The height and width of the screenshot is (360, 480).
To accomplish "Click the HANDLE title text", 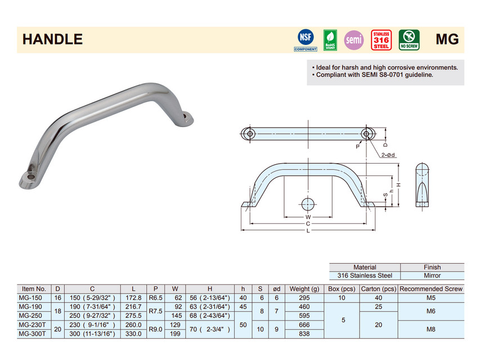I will [52, 39].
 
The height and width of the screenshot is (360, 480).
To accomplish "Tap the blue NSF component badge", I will [306, 39].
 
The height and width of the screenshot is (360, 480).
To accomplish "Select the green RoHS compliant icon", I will [330, 40].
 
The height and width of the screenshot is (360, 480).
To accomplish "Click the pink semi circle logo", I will [354, 40].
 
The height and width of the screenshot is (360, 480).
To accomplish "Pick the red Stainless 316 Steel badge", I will [382, 40].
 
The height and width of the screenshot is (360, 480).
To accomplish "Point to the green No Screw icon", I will [409, 40].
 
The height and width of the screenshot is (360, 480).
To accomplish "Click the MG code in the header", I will [447, 39].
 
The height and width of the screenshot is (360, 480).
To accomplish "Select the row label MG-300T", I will [33, 334].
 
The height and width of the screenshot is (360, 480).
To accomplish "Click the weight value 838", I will [304, 334].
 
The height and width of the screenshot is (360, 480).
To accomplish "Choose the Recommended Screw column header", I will [431, 289].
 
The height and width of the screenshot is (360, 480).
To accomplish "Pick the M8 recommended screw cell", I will [431, 329].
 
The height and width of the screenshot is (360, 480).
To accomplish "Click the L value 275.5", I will [133, 316].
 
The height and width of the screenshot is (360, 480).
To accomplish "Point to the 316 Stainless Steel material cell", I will [365, 276].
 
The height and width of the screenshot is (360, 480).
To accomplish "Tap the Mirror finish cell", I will [432, 276].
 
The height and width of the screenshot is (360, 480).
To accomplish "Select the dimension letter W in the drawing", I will [308, 217].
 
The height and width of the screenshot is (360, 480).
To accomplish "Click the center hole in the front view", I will [308, 203].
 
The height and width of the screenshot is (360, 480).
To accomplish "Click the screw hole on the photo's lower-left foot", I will [32, 177].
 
